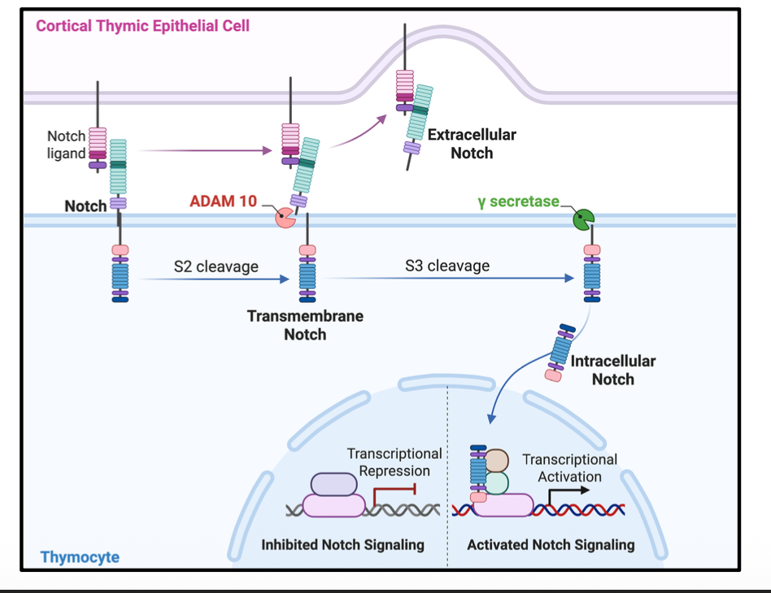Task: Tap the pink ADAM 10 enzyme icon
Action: coord(284,217)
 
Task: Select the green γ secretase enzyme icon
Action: coord(583,218)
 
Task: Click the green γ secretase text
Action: coord(518,201)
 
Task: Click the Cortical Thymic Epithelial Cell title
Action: coord(142,26)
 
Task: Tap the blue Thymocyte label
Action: coord(80,557)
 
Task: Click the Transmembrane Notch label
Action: coord(305,325)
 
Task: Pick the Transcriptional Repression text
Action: coord(394,462)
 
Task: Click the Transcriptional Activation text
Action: coord(569,468)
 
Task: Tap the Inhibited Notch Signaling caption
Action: coord(342,544)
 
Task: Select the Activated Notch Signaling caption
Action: coord(551,544)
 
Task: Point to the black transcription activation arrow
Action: coord(567,493)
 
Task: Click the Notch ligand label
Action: coord(66,145)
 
